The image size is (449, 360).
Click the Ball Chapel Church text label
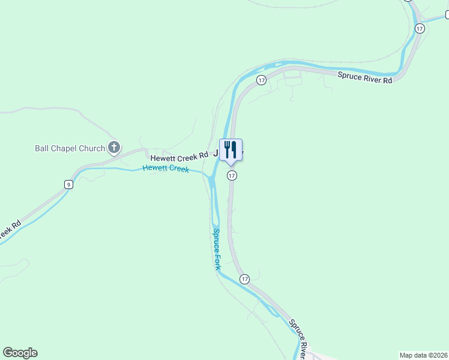coord(70,148)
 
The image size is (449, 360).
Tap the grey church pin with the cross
coord(114,148)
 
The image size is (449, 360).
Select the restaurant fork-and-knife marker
coord(231,149)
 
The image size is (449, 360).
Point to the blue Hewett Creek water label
coord(166,169)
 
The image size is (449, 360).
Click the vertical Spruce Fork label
coord(216,248)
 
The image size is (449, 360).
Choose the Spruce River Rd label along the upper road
coord(364,77)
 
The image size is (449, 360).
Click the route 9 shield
coord(69,185)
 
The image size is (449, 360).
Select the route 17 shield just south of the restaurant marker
coord(232,176)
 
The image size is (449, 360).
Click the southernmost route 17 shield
coord(244,279)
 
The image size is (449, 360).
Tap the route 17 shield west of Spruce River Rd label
coord(261,80)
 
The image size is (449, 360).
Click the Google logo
coord(20,353)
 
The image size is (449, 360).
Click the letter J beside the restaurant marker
coord(215,154)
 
